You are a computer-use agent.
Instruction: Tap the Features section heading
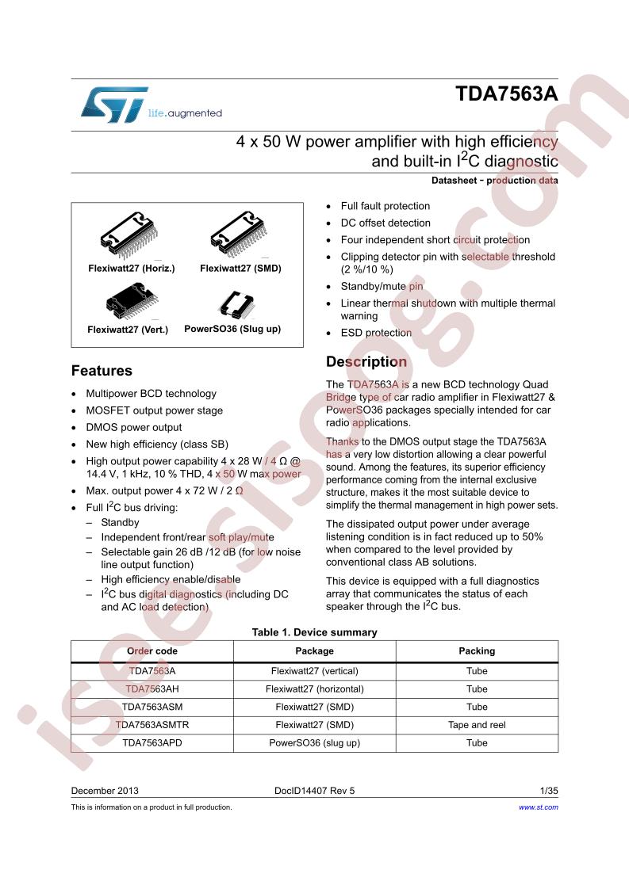pos(102,371)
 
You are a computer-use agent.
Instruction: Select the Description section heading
pos(366,362)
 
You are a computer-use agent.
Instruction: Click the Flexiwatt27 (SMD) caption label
pos(240,269)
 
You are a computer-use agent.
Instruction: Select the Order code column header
pos(152,651)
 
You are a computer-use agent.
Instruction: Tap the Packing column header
pos(477,651)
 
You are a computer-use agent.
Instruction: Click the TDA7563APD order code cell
pos(152,743)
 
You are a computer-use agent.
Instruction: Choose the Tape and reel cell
pos(477,725)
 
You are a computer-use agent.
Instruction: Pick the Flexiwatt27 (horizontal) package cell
pos(314,689)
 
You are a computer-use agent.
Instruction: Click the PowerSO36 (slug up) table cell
pos(314,743)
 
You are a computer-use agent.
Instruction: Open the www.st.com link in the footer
pos(538,807)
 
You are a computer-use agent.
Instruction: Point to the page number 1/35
pos(548,791)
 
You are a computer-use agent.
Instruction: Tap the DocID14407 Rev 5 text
pos(314,791)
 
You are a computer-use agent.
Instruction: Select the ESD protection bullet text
pos(376,333)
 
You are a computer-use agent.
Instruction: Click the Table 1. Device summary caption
pos(314,632)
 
